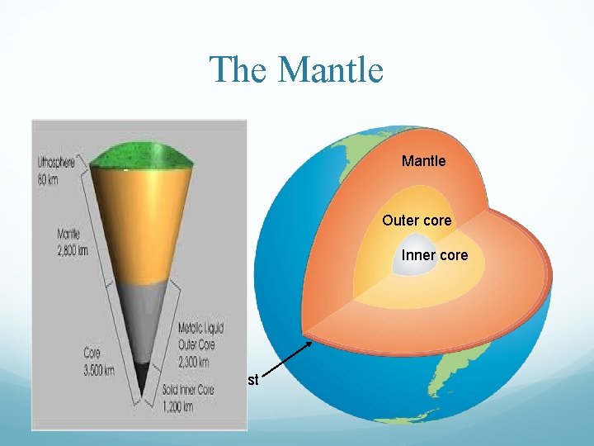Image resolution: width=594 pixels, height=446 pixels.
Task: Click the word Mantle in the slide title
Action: click(331, 69)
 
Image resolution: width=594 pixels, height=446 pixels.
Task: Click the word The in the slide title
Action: click(239, 69)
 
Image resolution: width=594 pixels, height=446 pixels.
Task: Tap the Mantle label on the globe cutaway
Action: click(423, 161)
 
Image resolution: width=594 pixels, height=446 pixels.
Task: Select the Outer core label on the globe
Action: click(417, 221)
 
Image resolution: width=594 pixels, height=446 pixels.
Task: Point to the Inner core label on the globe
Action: click(434, 255)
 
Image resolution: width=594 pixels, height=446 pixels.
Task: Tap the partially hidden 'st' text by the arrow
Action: click(253, 380)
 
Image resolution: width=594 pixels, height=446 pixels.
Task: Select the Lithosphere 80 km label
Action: click(56, 170)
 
